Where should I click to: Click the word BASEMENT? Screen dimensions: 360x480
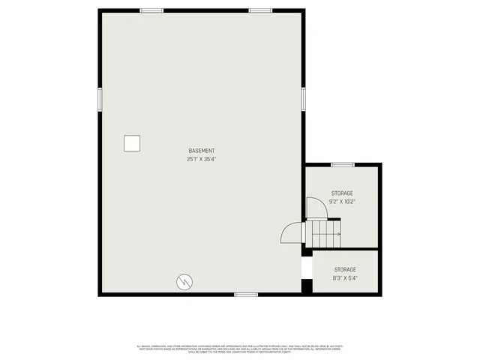pos(202,150)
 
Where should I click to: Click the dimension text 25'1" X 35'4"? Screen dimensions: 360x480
pos(202,159)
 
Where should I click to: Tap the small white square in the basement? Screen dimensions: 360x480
pos(132,143)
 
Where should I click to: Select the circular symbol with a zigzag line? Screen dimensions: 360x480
pos(183,282)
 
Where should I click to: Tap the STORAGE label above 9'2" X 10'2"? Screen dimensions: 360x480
pos(342,193)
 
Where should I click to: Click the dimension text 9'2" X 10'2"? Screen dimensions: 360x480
pos(342,202)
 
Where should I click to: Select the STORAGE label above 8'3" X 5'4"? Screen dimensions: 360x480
pos(345,269)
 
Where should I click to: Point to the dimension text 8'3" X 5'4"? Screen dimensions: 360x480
pos(345,278)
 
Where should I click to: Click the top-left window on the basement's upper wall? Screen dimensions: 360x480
pos(152,10)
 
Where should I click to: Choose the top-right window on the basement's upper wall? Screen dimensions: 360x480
pos(260,10)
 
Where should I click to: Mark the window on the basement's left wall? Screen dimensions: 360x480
pos(99,99)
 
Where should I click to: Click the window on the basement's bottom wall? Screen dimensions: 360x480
pos(246,294)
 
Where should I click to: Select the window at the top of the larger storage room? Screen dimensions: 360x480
pos(343,164)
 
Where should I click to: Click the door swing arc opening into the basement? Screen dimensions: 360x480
pos(291,234)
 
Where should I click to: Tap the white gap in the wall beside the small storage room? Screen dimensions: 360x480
pos(306,268)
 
